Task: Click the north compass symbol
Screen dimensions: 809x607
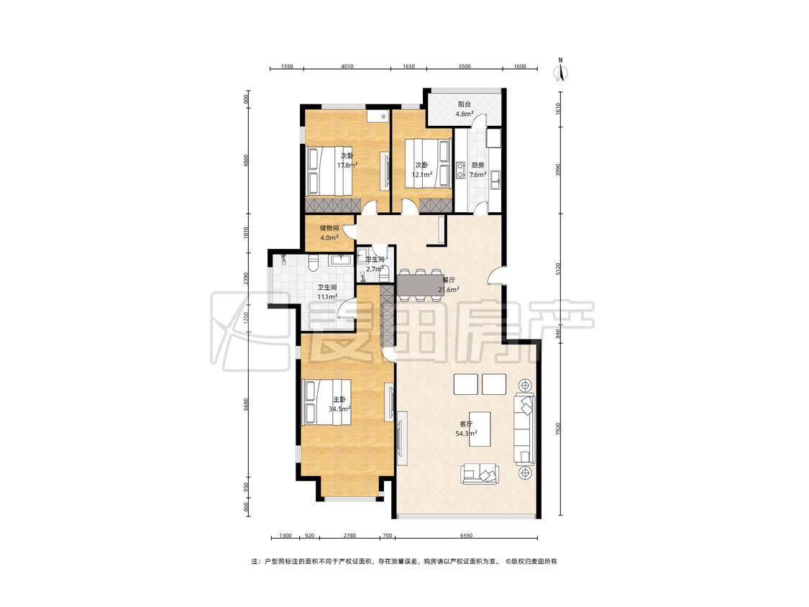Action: [560, 70]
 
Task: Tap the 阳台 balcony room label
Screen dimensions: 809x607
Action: [465, 104]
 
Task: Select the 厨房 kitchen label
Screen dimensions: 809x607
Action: [477, 165]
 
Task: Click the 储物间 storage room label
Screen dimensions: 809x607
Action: [329, 228]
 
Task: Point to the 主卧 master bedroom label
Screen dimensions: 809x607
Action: [339, 399]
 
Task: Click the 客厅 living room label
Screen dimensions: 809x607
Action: [466, 424]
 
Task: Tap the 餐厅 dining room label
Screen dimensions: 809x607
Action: [449, 280]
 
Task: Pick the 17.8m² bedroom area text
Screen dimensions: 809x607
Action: [347, 165]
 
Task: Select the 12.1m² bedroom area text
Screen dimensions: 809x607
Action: [421, 175]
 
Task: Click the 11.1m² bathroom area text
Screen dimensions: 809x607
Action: [327, 297]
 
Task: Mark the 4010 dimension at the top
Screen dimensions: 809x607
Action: [347, 66]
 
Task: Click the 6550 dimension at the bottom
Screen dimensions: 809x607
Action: [467, 536]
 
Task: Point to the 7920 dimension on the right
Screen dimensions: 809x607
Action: [558, 430]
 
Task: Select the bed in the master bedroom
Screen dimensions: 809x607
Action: [327, 403]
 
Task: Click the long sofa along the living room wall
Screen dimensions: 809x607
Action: [524, 429]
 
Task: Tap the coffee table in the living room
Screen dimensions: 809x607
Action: [480, 424]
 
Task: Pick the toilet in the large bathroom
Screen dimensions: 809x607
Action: [312, 263]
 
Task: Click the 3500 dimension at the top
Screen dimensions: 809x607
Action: [465, 66]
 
